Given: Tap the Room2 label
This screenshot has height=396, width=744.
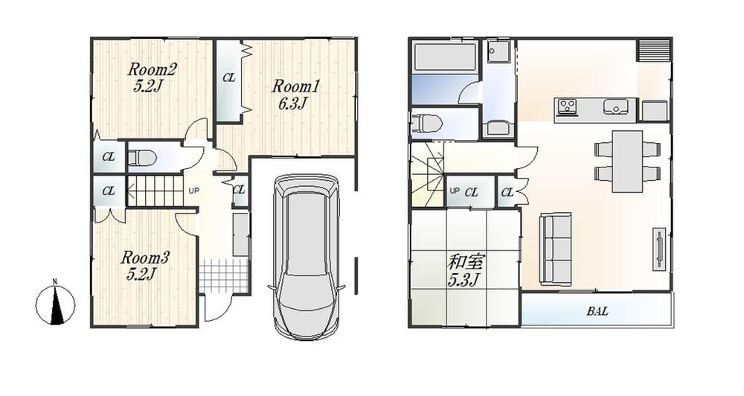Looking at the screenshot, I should (x=152, y=69).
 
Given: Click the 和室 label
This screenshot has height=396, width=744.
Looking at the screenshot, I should (x=464, y=262).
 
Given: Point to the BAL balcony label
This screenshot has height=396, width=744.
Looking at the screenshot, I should (x=596, y=311).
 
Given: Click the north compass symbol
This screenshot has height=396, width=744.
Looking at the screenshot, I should (x=55, y=304).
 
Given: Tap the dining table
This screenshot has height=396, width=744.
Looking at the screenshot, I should (x=628, y=159).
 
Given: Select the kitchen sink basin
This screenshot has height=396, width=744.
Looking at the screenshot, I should (x=615, y=106).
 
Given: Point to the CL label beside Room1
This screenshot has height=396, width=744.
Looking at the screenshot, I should (x=230, y=77).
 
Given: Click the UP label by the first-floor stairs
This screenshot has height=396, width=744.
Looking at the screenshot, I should (x=194, y=191).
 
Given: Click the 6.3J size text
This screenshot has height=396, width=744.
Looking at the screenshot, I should (x=292, y=103).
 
